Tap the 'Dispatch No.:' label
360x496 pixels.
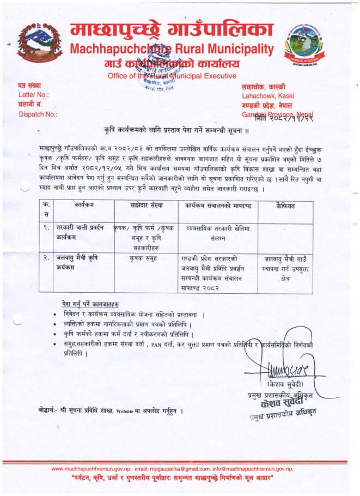pyautogui.click(x=38, y=114)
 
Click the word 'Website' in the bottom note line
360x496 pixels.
pyautogui.click(x=126, y=410)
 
